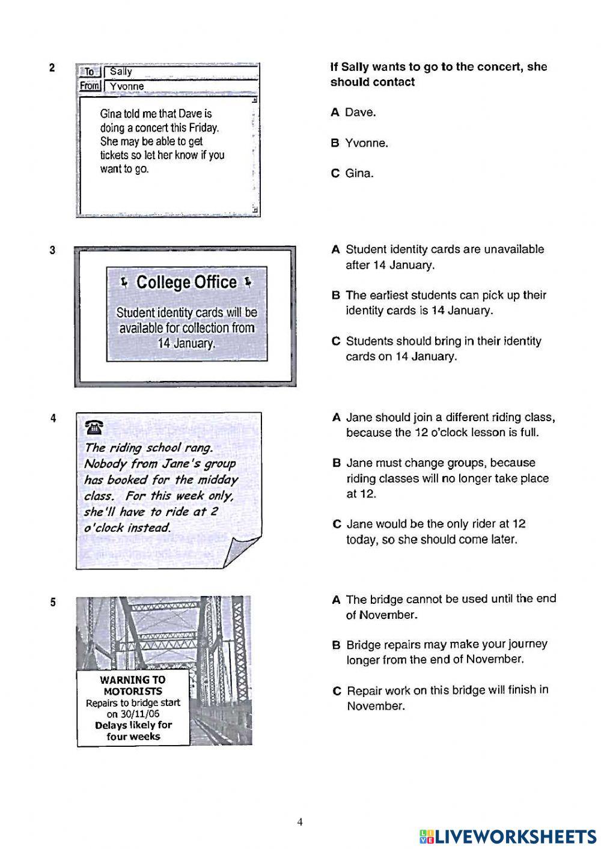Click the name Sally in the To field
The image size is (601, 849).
click(121, 72)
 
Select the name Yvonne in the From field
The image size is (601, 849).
click(127, 87)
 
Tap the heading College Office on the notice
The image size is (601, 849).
click(186, 282)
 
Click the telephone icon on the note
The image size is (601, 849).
click(94, 428)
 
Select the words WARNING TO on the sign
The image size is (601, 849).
click(132, 680)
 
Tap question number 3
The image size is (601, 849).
click(52, 251)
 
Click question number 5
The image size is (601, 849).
click(53, 602)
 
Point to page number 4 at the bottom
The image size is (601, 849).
click(300, 823)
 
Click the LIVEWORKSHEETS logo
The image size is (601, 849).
click(508, 836)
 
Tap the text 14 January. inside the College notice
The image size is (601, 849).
click(186, 344)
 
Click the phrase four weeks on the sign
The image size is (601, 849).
click(133, 737)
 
